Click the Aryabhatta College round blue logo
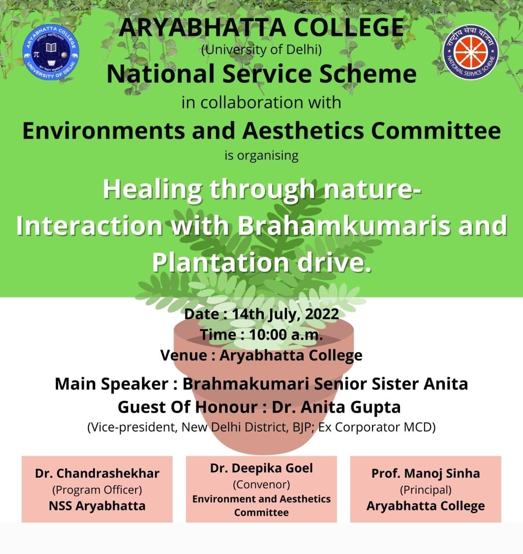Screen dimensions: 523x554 50,52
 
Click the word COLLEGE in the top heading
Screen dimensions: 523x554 349,28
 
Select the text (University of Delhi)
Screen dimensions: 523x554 261,49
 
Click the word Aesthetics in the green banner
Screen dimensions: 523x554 303,131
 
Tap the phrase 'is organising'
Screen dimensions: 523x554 261,156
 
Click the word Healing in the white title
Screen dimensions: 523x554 153,190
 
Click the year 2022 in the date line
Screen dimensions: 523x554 322,314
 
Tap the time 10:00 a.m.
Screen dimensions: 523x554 286,335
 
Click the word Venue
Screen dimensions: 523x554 183,356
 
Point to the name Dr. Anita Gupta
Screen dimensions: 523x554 336,407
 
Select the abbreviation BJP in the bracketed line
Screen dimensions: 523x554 304,428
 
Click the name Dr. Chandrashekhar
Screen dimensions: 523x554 97,474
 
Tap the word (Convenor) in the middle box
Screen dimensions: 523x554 261,484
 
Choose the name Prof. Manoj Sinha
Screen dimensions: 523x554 425,474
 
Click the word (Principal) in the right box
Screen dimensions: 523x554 425,490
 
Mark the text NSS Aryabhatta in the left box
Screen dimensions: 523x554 97,506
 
